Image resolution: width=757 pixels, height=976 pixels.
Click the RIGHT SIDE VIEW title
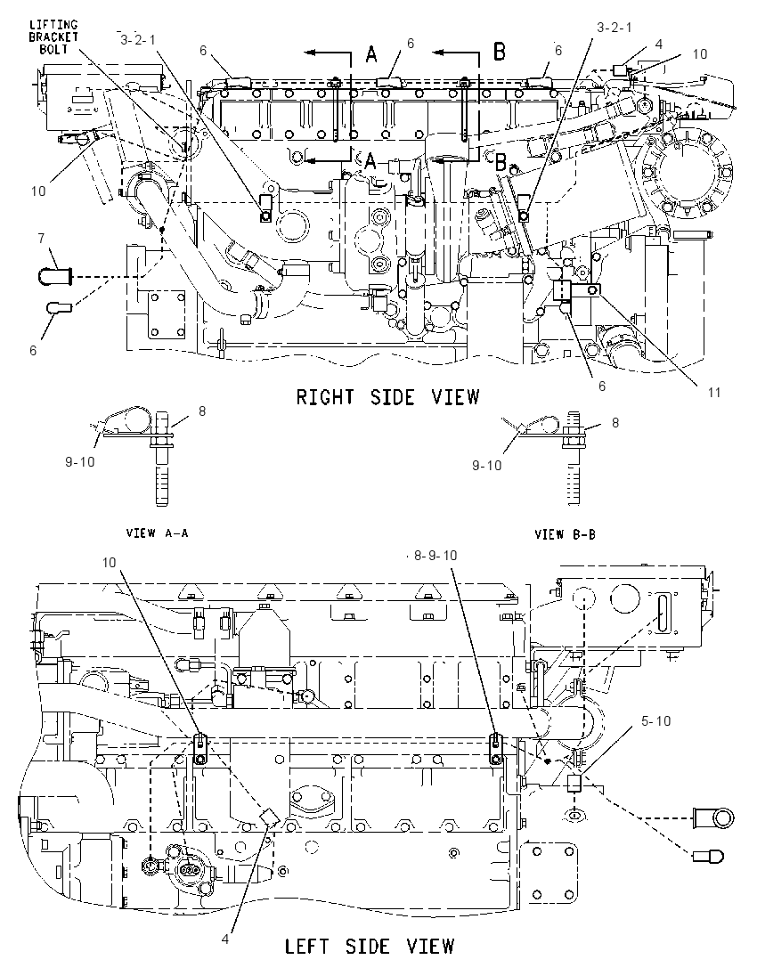387,396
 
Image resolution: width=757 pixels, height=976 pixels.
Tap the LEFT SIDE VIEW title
370,946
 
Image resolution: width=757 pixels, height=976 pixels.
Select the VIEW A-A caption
157,533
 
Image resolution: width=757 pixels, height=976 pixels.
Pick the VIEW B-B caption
565,534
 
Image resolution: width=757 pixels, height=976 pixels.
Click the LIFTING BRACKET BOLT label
53,37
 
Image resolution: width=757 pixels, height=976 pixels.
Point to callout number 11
713,392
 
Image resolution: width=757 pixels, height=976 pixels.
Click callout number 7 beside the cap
41,238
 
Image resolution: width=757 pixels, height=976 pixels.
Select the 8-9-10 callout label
435,555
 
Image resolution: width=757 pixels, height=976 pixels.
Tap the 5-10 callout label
656,720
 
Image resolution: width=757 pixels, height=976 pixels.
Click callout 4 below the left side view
225,939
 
